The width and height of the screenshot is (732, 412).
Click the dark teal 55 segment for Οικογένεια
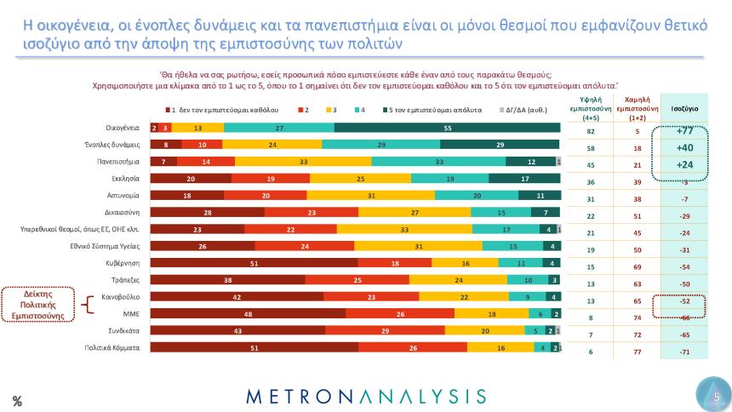point(447,128)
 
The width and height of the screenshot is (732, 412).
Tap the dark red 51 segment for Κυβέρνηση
point(254,263)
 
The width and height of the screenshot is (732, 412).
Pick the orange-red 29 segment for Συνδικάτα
point(385,330)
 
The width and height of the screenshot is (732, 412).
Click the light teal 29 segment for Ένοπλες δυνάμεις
point(380,145)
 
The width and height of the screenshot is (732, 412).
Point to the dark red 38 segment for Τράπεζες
point(227,280)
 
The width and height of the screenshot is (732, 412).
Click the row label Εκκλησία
point(124,179)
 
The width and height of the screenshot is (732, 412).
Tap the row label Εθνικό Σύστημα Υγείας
point(105,246)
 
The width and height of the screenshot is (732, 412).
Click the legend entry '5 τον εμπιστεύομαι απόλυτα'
point(432,110)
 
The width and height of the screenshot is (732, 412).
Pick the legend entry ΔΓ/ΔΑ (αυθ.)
point(522,110)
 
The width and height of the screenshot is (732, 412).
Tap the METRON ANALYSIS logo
point(366,396)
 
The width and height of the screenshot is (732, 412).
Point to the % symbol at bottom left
point(16,401)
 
